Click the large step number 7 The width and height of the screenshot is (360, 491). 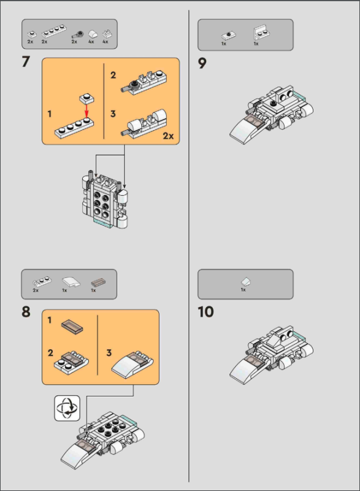pyautogui.click(x=26, y=62)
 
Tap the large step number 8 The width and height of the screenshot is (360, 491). pyautogui.click(x=26, y=312)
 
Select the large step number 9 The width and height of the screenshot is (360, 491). pyautogui.click(x=202, y=64)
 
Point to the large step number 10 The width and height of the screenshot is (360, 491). pyautogui.click(x=205, y=312)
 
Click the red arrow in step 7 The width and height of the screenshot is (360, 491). pyautogui.click(x=86, y=110)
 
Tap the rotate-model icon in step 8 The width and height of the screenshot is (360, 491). pyautogui.click(x=67, y=408)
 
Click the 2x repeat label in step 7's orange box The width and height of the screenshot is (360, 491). pyautogui.click(x=168, y=136)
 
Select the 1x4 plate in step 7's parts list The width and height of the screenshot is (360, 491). pyautogui.click(x=54, y=31)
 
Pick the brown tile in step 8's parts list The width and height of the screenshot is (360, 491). pyautogui.click(x=98, y=282)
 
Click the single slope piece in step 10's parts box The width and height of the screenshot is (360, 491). pyautogui.click(x=246, y=282)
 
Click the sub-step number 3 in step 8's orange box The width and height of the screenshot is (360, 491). pyautogui.click(x=109, y=353)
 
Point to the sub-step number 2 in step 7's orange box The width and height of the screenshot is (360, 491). pyautogui.click(x=113, y=75)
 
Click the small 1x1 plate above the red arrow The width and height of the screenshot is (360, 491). pyautogui.click(x=87, y=98)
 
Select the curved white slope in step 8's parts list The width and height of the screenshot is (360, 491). pyautogui.click(x=71, y=282)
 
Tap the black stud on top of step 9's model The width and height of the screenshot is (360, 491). pyautogui.click(x=274, y=102)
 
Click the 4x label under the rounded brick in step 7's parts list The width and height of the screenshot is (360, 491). pyautogui.click(x=91, y=41)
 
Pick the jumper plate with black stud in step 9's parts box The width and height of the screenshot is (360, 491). pyautogui.click(x=229, y=35)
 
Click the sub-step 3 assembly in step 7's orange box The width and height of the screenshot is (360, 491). pyautogui.click(x=144, y=123)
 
